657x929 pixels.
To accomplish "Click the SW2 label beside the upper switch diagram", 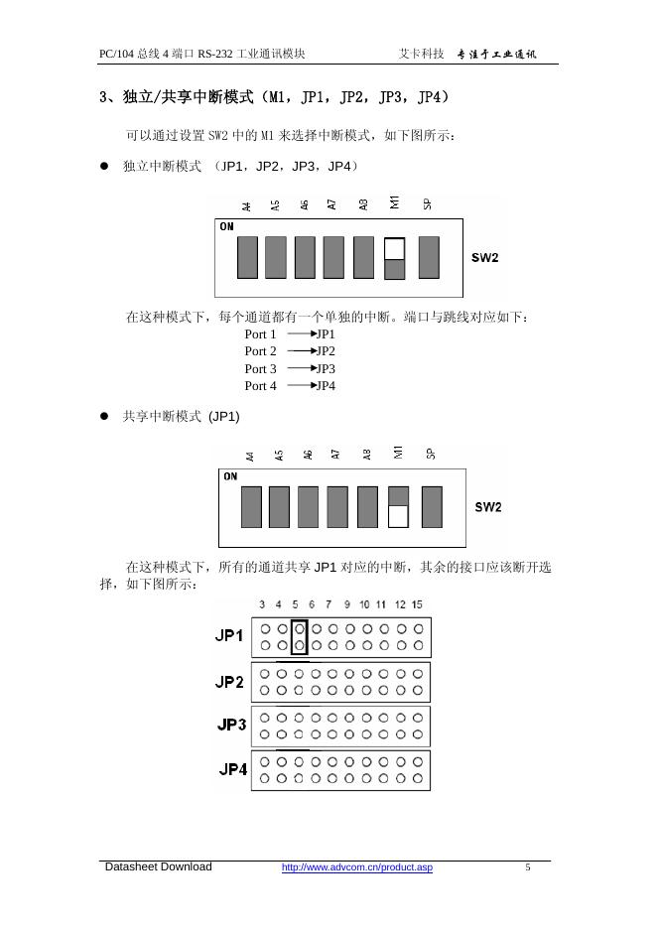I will pyautogui.click(x=484, y=258).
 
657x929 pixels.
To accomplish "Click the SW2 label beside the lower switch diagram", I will pyautogui.click(x=488, y=507).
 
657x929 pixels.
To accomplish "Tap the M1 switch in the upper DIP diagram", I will pyautogui.click(x=394, y=258).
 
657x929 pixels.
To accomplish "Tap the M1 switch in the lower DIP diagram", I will pyautogui.click(x=398, y=506).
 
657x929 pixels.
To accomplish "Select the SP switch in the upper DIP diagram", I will pyautogui.click(x=429, y=257).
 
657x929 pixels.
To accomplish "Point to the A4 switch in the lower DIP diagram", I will pyautogui.click(x=251, y=506).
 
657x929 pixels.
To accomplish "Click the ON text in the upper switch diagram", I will pyautogui.click(x=227, y=226).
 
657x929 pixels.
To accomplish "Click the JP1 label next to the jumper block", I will pyautogui.click(x=229, y=636).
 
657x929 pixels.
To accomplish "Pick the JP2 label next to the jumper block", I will pyautogui.click(x=229, y=682).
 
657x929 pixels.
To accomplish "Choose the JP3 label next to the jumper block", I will pyautogui.click(x=231, y=725).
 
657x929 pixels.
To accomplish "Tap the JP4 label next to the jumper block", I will pyautogui.click(x=232, y=769).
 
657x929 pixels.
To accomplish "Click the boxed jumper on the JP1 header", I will pyautogui.click(x=299, y=637).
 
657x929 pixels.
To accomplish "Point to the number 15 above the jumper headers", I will pyautogui.click(x=417, y=604).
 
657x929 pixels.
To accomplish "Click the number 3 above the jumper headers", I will pyautogui.click(x=262, y=604).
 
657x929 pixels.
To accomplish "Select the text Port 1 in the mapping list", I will pyautogui.click(x=260, y=334).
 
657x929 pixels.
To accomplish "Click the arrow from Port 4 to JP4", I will pyautogui.click(x=301, y=386).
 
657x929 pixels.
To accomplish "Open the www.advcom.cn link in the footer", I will pyautogui.click(x=357, y=868).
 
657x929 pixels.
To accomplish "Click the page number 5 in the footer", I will pyautogui.click(x=528, y=868).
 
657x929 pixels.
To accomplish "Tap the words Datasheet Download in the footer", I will pyautogui.click(x=159, y=867).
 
